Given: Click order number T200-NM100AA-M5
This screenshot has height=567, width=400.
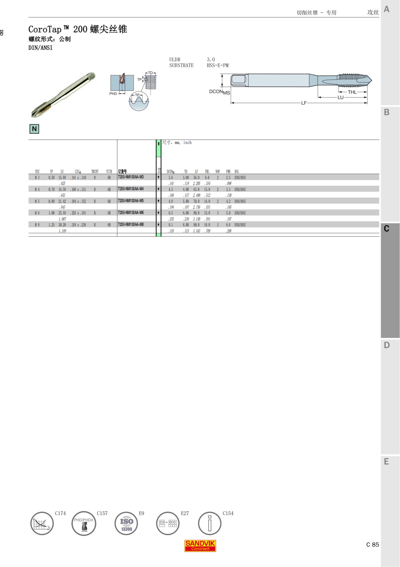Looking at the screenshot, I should [131, 201].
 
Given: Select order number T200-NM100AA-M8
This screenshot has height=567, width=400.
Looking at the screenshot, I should [131, 224].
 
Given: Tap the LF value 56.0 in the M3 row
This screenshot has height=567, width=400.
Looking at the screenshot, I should [196, 178].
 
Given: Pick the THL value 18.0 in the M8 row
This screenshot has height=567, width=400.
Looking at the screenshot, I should [207, 225].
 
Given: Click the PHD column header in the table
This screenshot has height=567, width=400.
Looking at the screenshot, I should [228, 172].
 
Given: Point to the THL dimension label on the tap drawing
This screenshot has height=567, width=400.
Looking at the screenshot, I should [352, 92].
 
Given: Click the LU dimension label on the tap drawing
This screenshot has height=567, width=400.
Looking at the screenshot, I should [340, 98].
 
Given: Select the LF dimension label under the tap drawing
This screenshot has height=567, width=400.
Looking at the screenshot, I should [304, 103].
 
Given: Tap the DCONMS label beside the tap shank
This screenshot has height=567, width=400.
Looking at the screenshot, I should [219, 92].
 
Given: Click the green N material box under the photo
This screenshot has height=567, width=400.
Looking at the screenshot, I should [34, 129].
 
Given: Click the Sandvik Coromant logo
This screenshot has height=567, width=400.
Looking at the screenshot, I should [200, 546].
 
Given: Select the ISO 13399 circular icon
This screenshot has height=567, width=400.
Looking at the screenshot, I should [126, 524].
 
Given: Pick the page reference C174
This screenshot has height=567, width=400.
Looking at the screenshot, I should [60, 513].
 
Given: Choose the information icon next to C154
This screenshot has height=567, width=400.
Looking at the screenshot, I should [210, 524].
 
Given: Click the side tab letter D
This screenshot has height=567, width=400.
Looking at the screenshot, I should [387, 345].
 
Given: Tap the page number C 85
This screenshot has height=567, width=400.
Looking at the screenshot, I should [372, 545].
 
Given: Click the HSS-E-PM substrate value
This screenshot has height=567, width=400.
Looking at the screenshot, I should [217, 65].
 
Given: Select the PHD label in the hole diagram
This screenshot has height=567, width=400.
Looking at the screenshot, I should [113, 94].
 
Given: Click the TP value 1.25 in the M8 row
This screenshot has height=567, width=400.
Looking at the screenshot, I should [51, 225].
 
